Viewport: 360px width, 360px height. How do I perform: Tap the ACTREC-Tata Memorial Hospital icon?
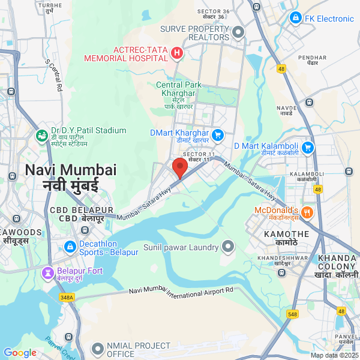pos(177,53)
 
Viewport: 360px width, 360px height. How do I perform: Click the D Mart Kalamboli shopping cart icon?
pos(308,146)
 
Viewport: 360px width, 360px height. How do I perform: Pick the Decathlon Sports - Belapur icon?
pos(70,247)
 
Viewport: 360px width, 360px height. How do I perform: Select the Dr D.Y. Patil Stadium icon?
pos(41,136)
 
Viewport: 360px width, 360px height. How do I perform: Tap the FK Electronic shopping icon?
pos(295,19)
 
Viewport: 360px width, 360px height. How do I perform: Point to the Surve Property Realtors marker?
pos(239,32)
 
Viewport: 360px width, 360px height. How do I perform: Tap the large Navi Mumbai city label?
pos(70,177)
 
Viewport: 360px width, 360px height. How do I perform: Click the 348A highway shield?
pos(67,296)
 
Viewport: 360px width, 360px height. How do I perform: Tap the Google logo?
pos(20,353)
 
